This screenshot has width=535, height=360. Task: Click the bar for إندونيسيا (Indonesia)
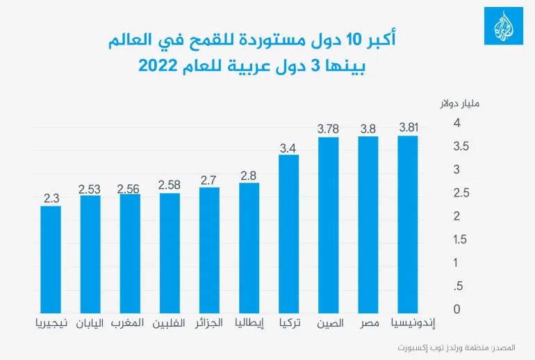click(408, 223)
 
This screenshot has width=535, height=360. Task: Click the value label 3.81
click(409, 128)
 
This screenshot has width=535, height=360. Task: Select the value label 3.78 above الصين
click(329, 129)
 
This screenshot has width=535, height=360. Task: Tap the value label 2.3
click(51, 198)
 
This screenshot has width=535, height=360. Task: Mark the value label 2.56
click(130, 188)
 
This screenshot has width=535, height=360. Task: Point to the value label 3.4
click(288, 147)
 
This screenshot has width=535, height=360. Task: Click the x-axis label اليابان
click(90, 323)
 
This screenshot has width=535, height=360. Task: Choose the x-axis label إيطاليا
click(248, 323)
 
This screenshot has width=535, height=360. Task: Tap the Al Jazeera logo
click(503, 28)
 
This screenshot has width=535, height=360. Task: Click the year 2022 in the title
click(159, 67)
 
